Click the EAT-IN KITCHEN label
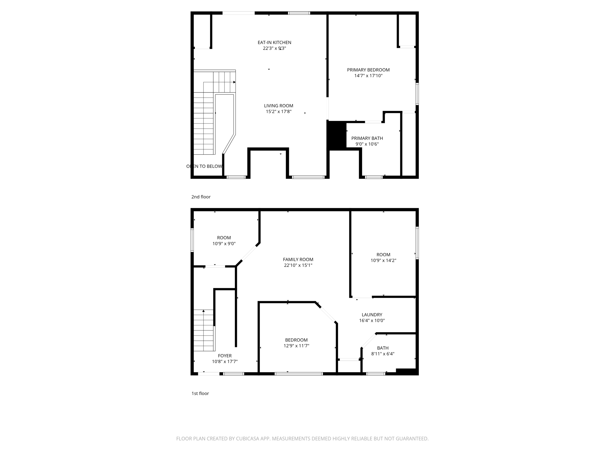click(274, 43)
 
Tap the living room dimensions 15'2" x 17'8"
click(279, 112)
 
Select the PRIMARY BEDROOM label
click(368, 70)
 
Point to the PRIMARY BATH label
click(367, 138)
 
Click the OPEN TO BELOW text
click(204, 166)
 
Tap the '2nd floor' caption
click(201, 197)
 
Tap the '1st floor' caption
click(200, 393)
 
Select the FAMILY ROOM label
click(298, 260)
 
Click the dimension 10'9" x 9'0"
click(224, 244)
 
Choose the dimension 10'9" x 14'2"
click(383, 261)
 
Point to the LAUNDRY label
click(372, 315)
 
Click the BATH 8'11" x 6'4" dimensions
click(383, 354)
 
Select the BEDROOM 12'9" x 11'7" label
click(296, 340)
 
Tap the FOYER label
click(225, 356)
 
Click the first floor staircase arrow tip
click(204, 311)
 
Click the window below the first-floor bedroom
click(299, 374)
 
